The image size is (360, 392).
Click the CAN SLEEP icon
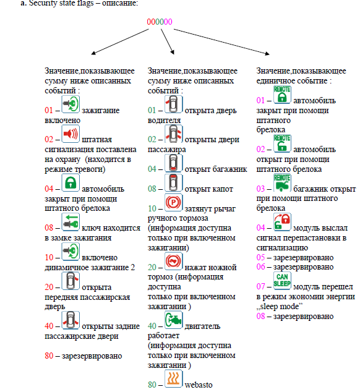click(282, 280)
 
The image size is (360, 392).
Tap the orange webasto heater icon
click(173, 378)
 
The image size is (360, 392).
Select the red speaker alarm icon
click(71, 134)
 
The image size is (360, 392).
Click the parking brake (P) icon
click(173, 203)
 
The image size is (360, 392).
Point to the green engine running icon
click(173, 320)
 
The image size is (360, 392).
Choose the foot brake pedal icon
click(173, 262)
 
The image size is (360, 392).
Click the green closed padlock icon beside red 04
click(71, 182)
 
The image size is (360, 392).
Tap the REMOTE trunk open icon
click(282, 183)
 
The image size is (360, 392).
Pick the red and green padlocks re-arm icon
click(282, 222)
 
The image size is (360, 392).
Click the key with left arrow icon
click(71, 222)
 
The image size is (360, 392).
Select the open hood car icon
click(173, 183)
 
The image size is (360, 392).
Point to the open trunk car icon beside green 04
click(173, 163)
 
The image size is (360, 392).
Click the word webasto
click(199, 385)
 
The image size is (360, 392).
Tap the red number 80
click(49, 356)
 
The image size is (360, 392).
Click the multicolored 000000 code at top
click(160, 22)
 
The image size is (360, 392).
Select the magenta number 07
click(260, 286)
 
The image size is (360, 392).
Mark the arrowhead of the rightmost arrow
click(268, 54)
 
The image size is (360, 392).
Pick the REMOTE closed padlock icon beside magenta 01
click(282, 95)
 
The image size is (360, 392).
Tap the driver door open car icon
click(173, 104)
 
